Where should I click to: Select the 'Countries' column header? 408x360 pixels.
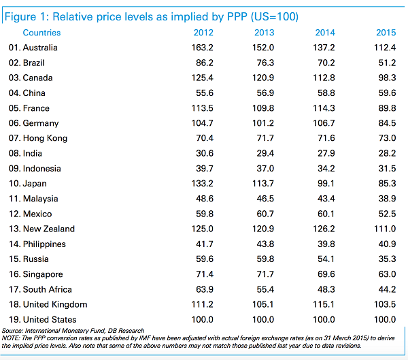(41, 33)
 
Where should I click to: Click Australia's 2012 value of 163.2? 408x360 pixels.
(202, 48)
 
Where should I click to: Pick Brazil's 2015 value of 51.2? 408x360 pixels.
(386, 63)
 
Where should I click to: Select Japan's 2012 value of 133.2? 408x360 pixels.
(202, 184)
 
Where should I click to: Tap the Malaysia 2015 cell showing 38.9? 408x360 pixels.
(386, 199)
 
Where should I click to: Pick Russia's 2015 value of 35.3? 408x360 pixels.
(386, 259)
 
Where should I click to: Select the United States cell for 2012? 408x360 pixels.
(202, 319)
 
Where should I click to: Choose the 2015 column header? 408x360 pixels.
(386, 33)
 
